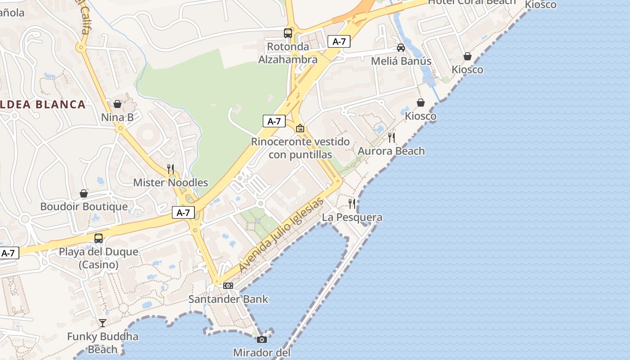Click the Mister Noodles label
pyautogui.click(x=171, y=183)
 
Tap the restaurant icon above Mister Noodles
pyautogui.click(x=171, y=169)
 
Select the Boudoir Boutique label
pyautogui.click(x=84, y=207)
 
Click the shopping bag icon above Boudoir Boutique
pyautogui.click(x=84, y=193)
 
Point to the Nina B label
pyautogui.click(x=117, y=117)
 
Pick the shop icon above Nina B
pyautogui.click(x=117, y=104)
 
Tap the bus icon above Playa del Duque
pyautogui.click(x=99, y=238)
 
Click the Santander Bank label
pyautogui.click(x=228, y=299)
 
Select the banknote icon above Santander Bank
pyautogui.click(x=228, y=286)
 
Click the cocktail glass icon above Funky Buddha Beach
pyautogui.click(x=103, y=323)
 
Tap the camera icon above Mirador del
pyautogui.click(x=261, y=339)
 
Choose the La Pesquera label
pyautogui.click(x=352, y=217)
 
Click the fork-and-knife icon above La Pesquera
pyautogui.click(x=352, y=204)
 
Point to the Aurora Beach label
pyautogui.click(x=391, y=151)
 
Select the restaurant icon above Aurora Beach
pyautogui.click(x=391, y=137)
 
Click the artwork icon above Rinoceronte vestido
pyautogui.click(x=300, y=128)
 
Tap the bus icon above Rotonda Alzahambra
pyautogui.click(x=288, y=33)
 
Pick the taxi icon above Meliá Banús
pyautogui.click(x=401, y=48)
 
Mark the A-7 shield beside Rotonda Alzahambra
pyautogui.click(x=339, y=42)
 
